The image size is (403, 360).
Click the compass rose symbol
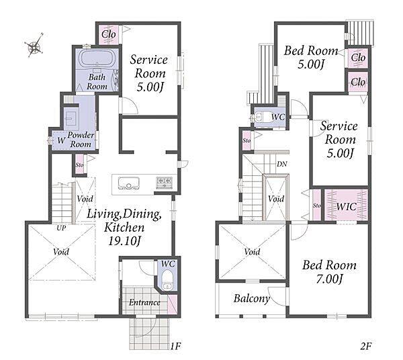point(34,46)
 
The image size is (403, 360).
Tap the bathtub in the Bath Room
point(97,58)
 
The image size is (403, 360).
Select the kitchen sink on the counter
point(128,183)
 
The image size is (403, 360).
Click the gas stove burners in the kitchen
point(165,183)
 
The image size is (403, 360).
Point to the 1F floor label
point(175,347)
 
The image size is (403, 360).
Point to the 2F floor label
point(366,347)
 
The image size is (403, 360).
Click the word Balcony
point(252,299)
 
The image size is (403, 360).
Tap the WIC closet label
point(346,207)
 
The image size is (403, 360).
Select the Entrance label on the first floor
point(144,302)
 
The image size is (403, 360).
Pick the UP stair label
point(61,228)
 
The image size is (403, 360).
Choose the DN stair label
point(282,164)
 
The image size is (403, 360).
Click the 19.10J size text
point(124,241)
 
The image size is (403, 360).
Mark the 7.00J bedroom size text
point(330,279)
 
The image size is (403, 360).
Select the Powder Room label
point(81,140)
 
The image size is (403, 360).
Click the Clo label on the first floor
point(108,34)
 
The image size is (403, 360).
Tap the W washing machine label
point(61,140)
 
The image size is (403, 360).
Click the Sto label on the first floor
point(79,165)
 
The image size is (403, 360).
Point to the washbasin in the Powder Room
point(69,118)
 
